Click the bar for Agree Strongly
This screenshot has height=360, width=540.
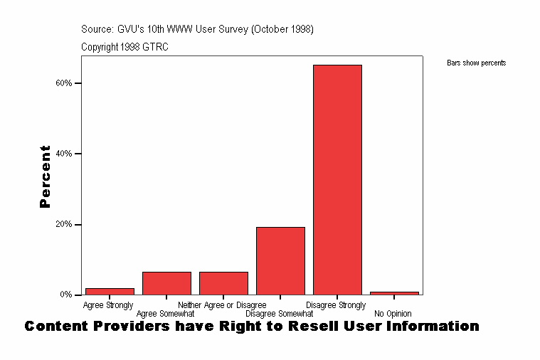point(110,291)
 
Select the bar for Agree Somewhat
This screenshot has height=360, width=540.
point(166,283)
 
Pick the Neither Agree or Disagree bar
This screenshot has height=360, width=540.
point(223,283)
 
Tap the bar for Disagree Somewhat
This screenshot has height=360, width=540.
point(280,260)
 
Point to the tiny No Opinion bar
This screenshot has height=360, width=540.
point(394,292)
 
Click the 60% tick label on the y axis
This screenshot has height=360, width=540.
point(63,83)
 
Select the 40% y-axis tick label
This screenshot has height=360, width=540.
point(63,154)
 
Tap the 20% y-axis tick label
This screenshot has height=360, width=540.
point(63,224)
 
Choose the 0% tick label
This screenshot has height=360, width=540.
point(65,295)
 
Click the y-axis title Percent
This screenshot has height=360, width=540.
point(46,176)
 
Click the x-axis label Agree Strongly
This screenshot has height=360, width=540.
point(108,305)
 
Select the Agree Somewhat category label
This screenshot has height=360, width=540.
point(165,314)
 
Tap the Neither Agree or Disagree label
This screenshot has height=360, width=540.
point(222,305)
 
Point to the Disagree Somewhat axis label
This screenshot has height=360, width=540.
point(279,314)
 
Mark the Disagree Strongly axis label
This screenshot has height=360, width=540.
point(340,305)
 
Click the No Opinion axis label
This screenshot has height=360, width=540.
point(393,314)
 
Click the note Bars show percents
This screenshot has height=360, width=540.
point(476,63)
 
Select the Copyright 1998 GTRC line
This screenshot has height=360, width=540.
point(125,47)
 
